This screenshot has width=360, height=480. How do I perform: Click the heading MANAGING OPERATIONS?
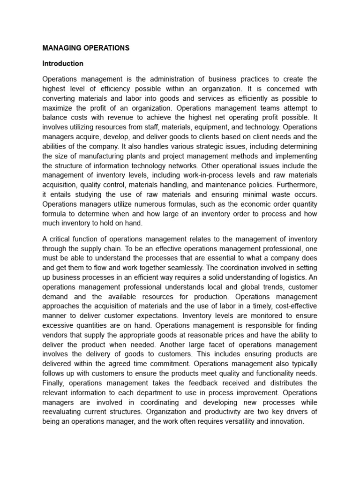[86, 48]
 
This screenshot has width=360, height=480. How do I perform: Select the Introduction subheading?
[63, 63]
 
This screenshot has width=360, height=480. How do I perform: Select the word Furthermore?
[294, 185]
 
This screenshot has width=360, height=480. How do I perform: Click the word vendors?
[57, 335]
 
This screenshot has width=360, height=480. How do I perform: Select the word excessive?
[58, 325]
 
